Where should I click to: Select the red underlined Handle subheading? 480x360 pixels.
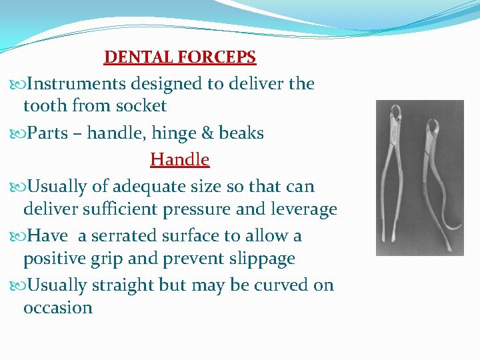coord(179,160)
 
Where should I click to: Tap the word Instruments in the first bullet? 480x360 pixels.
coord(77,84)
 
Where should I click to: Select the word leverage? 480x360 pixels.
coord(303,209)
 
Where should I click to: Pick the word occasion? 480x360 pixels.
coord(58,308)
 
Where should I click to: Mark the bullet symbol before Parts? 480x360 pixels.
coord(17,134)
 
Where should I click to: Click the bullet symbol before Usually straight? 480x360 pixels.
coord(17,286)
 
